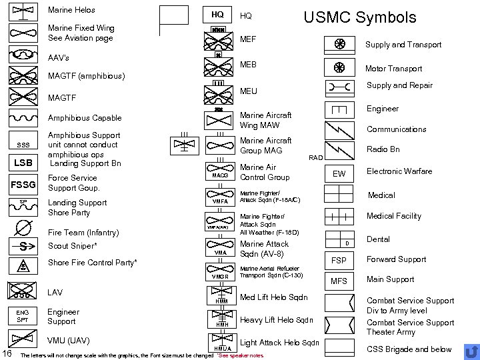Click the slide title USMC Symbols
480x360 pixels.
click(x=359, y=17)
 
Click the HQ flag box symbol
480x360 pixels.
click(x=217, y=15)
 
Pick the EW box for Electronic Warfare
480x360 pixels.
click(x=339, y=173)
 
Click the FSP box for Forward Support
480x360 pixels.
click(x=339, y=260)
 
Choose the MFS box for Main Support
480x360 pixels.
click(x=339, y=281)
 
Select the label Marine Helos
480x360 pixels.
click(x=72, y=10)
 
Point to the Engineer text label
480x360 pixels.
click(x=383, y=109)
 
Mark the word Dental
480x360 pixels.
click(x=379, y=239)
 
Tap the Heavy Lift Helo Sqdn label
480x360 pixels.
click(x=276, y=320)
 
